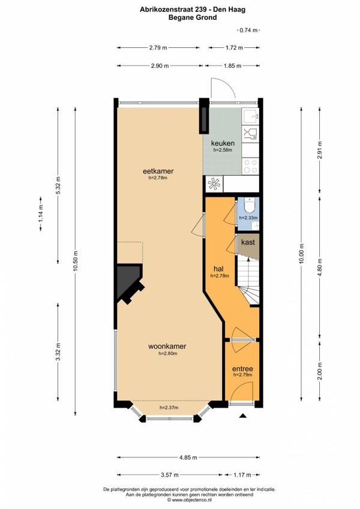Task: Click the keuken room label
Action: [x=223, y=143]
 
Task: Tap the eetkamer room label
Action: [x=158, y=171]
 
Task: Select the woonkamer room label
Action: [x=167, y=347]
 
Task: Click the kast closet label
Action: [x=248, y=242]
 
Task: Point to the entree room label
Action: [x=242, y=369]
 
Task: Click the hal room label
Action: [x=218, y=269]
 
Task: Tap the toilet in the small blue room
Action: [x=250, y=205]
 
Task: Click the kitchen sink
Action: [x=251, y=116]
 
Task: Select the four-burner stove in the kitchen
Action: [x=251, y=166]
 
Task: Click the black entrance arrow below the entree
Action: [x=243, y=415]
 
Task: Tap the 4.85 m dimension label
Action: [x=188, y=457]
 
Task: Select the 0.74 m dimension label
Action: [x=248, y=30]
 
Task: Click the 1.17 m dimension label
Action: [x=242, y=475]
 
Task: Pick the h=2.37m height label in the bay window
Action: [x=169, y=408]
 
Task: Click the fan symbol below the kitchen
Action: [x=214, y=184]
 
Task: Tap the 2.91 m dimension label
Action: [x=320, y=150]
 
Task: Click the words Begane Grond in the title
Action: [x=193, y=17]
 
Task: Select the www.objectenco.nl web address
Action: [x=190, y=500]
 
